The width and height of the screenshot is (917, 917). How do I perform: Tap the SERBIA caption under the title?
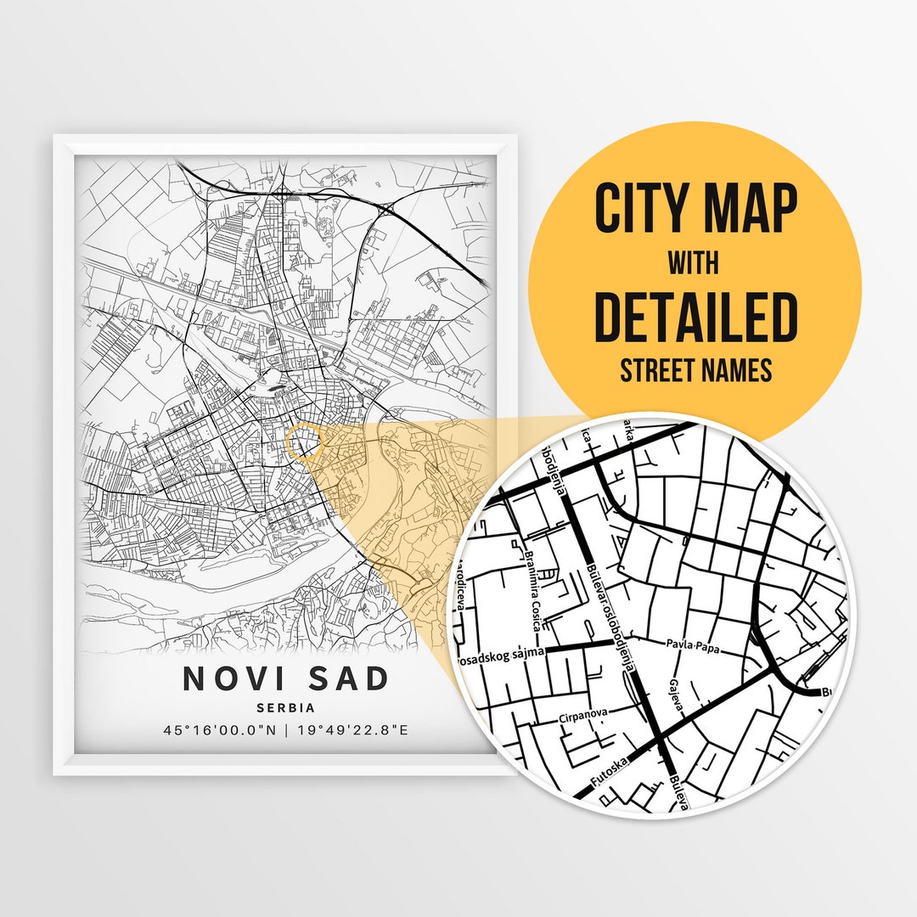[x=285, y=707]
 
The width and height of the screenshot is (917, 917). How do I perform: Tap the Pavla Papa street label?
[x=695, y=647]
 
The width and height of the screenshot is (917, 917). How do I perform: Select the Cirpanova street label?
[x=584, y=717]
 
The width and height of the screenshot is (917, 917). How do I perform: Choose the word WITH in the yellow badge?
[x=694, y=263]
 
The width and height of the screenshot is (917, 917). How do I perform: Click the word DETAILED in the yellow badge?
[x=695, y=315]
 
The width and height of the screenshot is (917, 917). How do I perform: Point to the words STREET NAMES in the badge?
[x=695, y=370]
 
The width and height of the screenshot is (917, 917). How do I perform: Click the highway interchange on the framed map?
[x=387, y=206]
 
